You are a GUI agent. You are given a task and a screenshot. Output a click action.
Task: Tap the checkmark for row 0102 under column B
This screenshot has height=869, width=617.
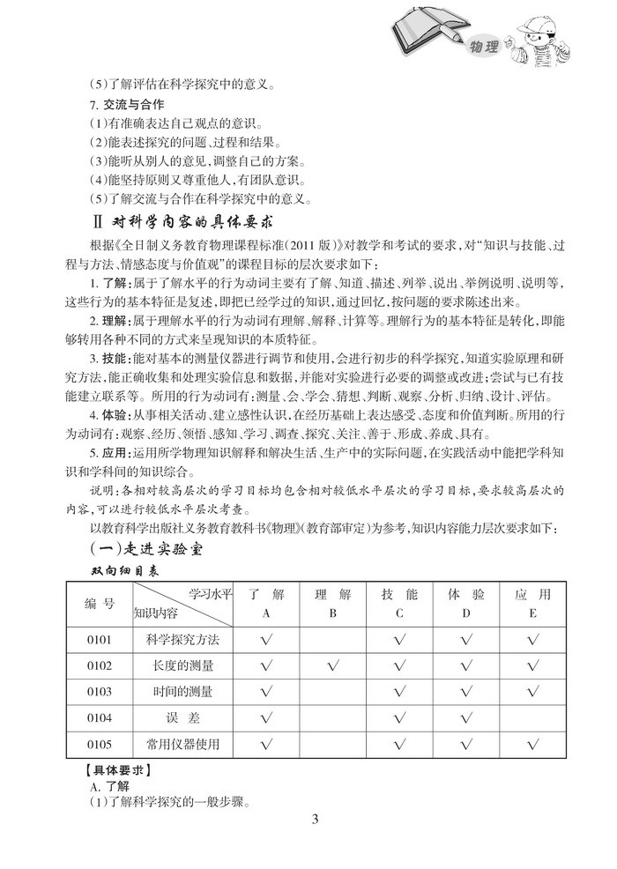click(332, 665)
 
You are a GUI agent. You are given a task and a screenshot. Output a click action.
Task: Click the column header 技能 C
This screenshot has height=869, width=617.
click(399, 604)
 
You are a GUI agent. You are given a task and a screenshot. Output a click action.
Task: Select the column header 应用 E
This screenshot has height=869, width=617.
click(532, 604)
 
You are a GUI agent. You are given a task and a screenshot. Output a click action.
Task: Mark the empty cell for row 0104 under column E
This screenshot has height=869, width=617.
click(532, 718)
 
